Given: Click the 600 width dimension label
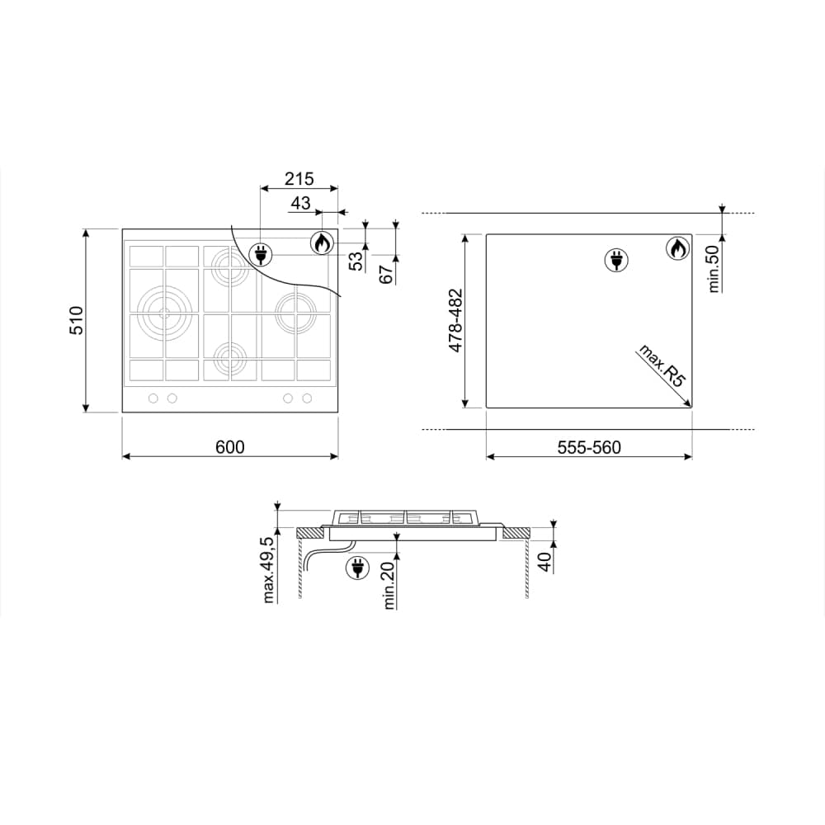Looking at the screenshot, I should point(230,446).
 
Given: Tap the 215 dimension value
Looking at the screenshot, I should point(299,178).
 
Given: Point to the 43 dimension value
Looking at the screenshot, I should point(300,203).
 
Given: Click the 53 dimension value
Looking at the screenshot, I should point(356,262).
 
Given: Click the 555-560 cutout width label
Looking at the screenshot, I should point(588,447).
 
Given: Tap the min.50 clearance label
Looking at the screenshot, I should point(714,268).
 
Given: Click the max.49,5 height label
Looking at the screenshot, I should point(268,570).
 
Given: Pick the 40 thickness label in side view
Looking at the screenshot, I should point(544,562).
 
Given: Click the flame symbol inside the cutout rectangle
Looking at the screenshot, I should point(677,248).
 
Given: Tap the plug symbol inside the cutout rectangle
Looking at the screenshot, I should point(615,260).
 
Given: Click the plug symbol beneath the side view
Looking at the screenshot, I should point(357,568).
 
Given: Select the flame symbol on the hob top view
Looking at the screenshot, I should point(322,243).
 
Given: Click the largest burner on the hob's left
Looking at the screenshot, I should point(163,311).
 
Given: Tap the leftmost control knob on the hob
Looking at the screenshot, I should point(153,398).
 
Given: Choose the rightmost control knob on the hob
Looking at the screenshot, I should point(307,398).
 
